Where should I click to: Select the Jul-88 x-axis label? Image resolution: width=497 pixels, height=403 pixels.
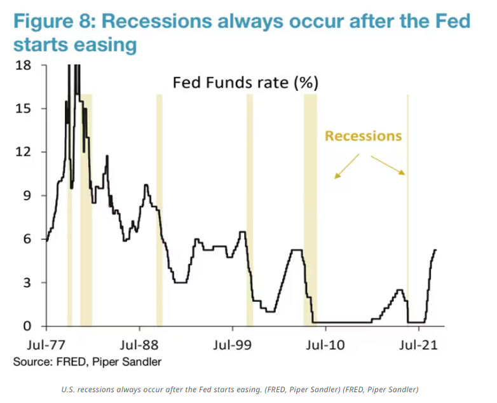point(139,346)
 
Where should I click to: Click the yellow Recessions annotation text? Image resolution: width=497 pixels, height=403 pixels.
point(363,136)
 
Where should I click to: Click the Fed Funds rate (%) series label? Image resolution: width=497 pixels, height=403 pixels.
point(245,83)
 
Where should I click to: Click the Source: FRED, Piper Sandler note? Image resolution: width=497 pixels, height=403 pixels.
point(87,362)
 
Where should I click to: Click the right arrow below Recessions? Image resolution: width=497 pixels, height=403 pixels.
point(387,164)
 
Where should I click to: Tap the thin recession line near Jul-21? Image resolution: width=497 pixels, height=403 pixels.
point(407,210)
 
